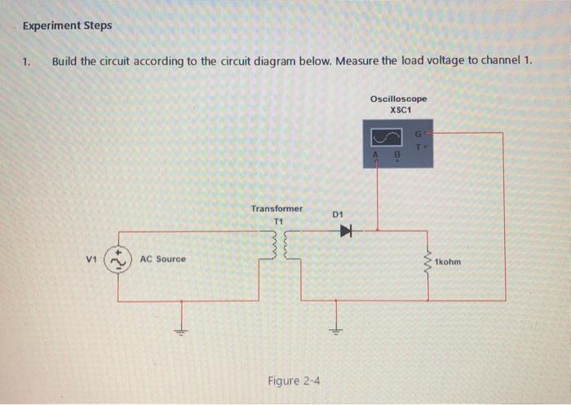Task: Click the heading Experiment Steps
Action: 67,25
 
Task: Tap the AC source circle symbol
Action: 120,259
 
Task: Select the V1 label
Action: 91,259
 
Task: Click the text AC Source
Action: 162,259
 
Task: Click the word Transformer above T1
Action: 277,209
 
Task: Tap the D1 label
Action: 339,214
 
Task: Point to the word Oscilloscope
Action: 398,99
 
